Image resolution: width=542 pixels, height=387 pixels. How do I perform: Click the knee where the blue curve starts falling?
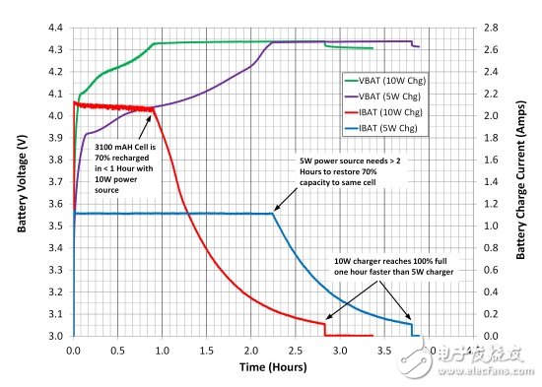(273, 214)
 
